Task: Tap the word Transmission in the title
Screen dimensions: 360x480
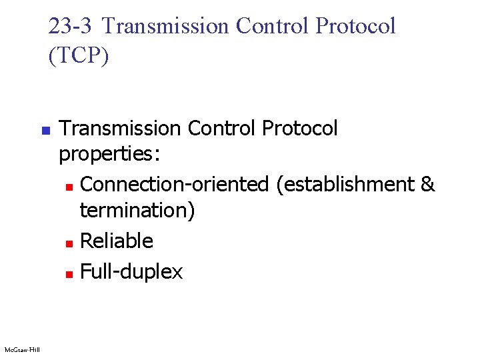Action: pos(166,26)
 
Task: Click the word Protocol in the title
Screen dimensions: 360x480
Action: pos(356,26)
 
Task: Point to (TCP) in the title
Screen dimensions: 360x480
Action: pos(79,55)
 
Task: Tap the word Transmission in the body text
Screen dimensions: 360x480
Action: pos(121,128)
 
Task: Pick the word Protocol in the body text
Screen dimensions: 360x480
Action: pos(301,128)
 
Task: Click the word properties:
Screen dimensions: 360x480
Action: pos(109,155)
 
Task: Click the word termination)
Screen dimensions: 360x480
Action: pos(137,211)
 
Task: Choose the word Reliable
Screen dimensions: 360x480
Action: pos(117,241)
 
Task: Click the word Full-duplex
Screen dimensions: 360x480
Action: pos(131,271)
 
